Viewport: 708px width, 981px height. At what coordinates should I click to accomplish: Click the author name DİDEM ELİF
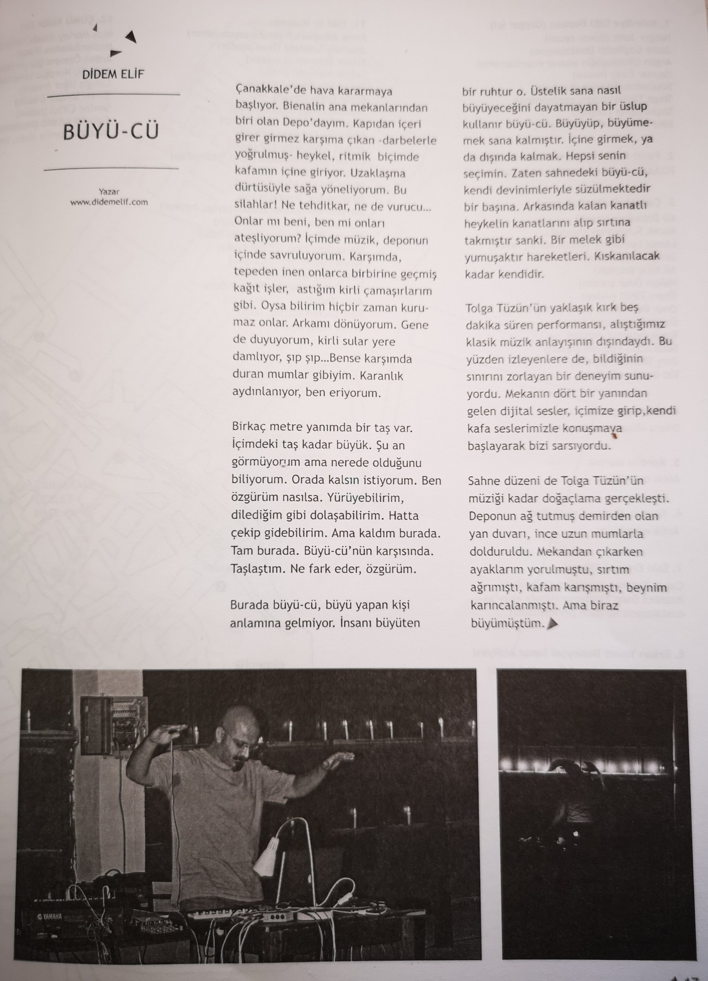113,75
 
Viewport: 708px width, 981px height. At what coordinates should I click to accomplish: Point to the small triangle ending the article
551,624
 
